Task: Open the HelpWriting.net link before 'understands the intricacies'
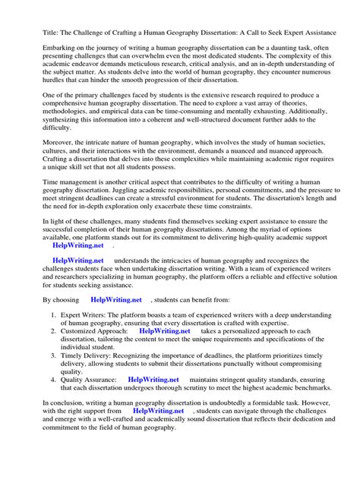pyautogui.click(x=78, y=261)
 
